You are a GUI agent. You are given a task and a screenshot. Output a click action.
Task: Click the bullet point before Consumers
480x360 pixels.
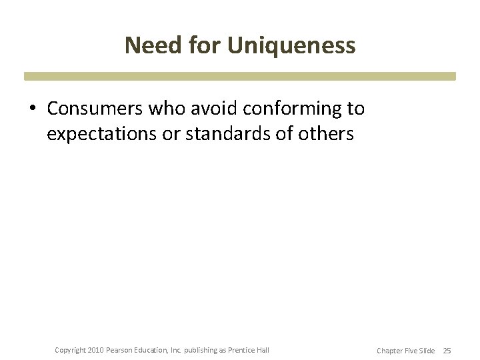point(33,109)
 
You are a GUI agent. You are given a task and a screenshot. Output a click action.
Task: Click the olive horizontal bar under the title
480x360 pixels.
point(240,76)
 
